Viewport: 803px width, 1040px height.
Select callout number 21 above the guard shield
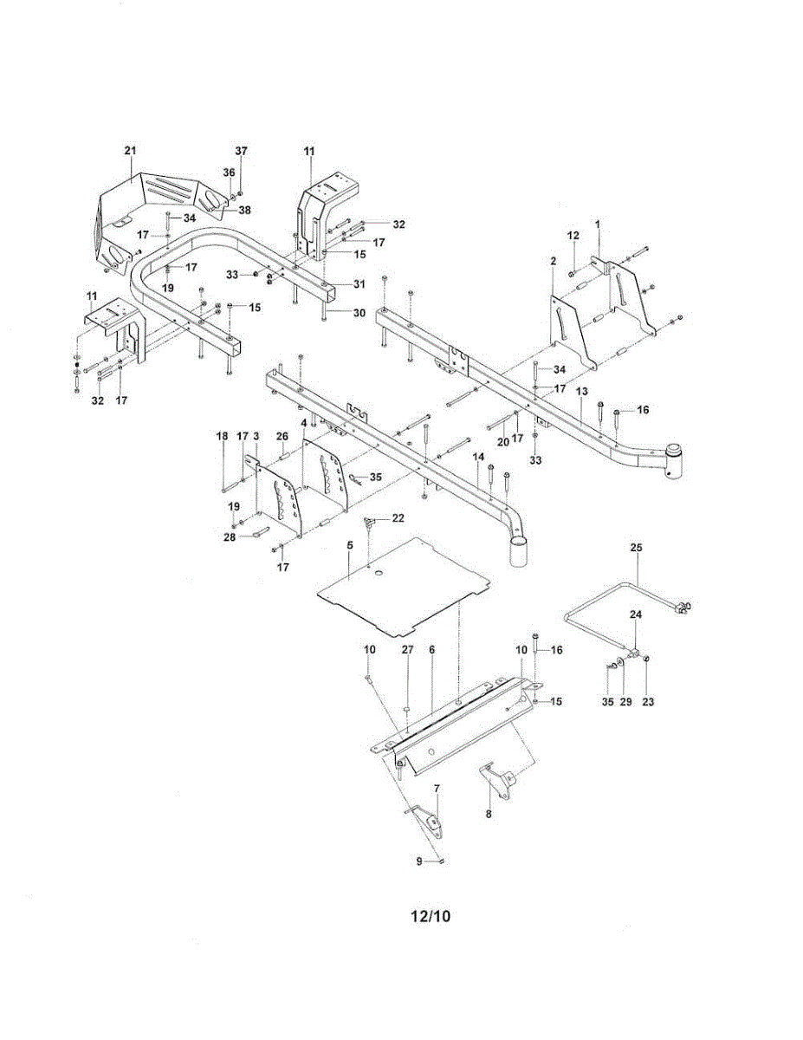point(130,151)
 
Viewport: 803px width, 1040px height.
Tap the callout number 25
point(637,548)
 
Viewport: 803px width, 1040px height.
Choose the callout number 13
point(582,392)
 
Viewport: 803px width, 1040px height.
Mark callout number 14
point(476,456)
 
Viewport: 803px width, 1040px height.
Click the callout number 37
point(241,151)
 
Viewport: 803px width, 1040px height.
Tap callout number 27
point(407,649)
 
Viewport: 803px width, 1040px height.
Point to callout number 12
point(573,236)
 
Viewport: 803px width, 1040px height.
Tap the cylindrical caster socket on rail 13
point(674,460)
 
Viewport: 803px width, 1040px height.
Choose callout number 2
point(553,261)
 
